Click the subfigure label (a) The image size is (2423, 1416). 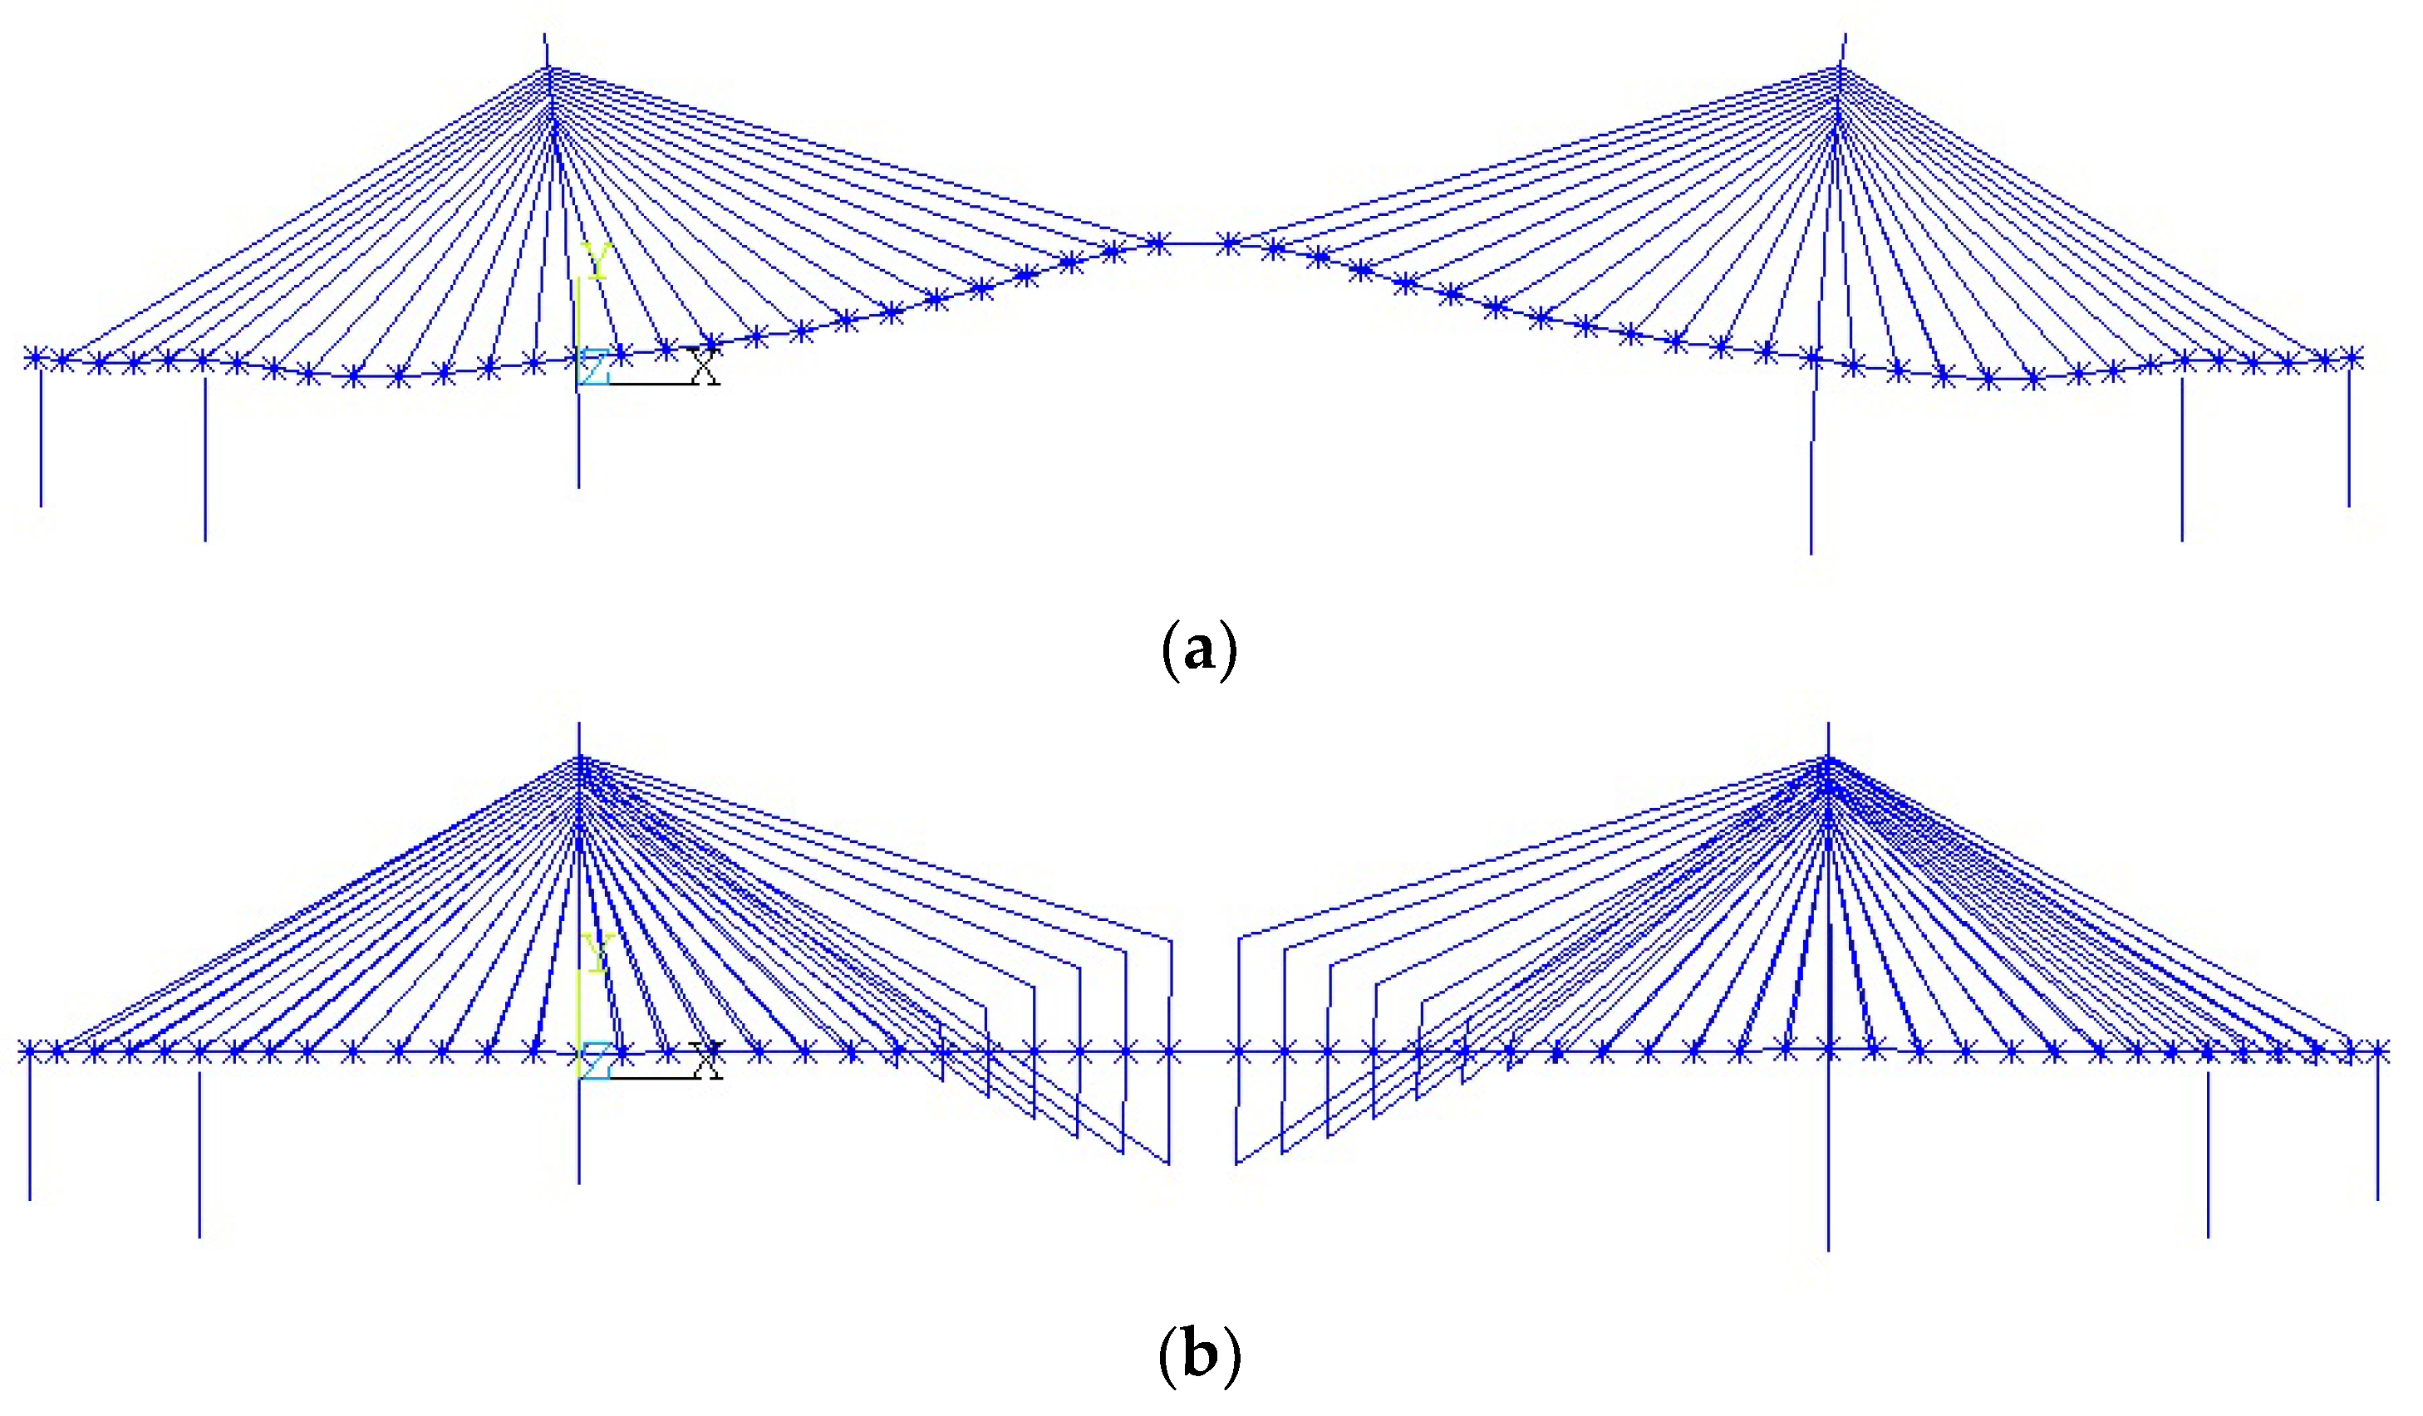point(1199,651)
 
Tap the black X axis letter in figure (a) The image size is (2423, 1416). point(705,366)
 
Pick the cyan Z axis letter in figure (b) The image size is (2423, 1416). point(595,1062)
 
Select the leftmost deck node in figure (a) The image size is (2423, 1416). point(36,359)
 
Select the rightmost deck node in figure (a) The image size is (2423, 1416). point(2352,359)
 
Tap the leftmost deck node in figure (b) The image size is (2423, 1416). point(30,1051)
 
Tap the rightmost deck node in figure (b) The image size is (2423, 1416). point(2379,1051)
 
